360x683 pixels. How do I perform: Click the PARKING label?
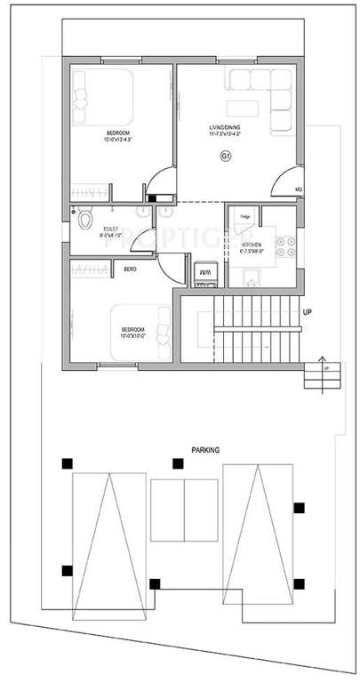click(204, 451)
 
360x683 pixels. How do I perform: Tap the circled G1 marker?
click(225, 157)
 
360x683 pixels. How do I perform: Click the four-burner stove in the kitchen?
click(285, 246)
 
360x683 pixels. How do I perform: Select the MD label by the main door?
click(299, 189)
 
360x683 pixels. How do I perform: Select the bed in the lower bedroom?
click(141, 326)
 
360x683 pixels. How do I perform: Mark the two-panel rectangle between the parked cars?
click(184, 505)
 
